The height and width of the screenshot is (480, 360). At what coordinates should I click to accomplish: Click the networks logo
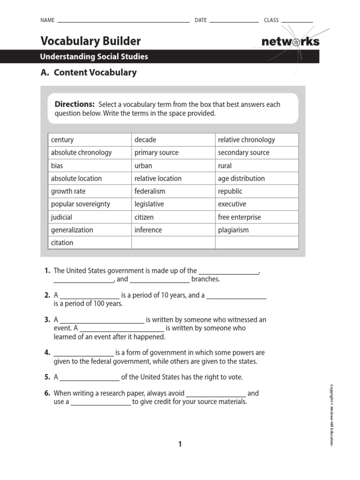click(x=290, y=42)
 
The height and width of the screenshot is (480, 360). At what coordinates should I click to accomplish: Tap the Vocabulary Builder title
click(x=90, y=41)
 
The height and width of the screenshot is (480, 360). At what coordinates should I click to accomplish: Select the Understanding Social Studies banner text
click(x=94, y=57)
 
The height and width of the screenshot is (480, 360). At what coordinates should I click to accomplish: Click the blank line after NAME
click(x=123, y=22)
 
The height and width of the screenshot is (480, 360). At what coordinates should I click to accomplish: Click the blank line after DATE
click(x=234, y=22)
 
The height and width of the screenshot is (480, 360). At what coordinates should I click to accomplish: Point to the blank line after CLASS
click(x=297, y=22)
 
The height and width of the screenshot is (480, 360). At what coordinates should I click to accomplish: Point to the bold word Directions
click(x=75, y=104)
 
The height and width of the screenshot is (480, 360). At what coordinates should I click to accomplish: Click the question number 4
click(x=47, y=352)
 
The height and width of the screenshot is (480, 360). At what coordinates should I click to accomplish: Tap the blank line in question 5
click(x=90, y=378)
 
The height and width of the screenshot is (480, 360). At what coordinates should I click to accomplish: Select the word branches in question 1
click(x=205, y=279)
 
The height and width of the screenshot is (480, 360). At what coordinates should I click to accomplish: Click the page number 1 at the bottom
click(x=180, y=444)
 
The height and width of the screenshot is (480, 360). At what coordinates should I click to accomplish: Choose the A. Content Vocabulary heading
click(x=89, y=73)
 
